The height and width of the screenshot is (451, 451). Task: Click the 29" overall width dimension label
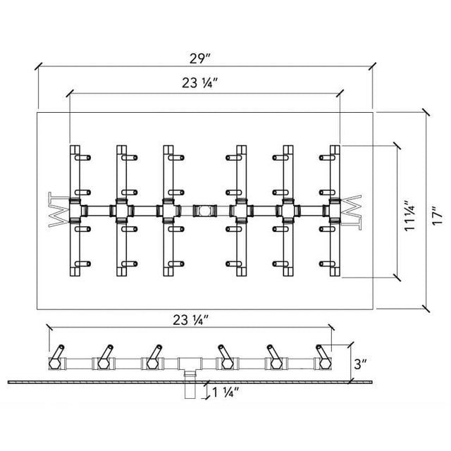click(x=200, y=58)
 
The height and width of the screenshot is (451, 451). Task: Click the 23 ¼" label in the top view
click(x=199, y=83)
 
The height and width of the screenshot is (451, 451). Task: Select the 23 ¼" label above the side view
click(x=190, y=320)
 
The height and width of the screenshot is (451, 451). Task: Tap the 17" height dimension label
click(x=438, y=216)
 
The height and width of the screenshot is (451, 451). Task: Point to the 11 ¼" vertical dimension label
click(x=410, y=216)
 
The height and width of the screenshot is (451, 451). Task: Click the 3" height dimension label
click(x=360, y=364)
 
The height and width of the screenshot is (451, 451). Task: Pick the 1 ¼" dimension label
click(x=226, y=393)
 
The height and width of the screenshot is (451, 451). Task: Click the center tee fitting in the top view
click(x=204, y=211)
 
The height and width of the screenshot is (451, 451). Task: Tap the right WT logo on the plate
click(x=351, y=213)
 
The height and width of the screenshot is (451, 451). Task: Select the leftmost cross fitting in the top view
click(x=75, y=211)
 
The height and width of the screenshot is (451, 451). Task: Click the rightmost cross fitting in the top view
click(x=333, y=211)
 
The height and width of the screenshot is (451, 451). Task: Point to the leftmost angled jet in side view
click(x=58, y=352)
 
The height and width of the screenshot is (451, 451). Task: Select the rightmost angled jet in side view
click(x=323, y=352)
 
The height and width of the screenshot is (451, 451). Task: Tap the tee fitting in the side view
click(x=190, y=366)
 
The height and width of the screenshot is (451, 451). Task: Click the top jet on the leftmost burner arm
click(x=82, y=158)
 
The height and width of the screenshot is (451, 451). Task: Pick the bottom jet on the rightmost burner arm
click(x=327, y=264)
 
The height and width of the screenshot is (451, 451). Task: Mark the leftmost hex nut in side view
click(x=54, y=364)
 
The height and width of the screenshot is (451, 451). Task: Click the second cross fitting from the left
click(x=122, y=211)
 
